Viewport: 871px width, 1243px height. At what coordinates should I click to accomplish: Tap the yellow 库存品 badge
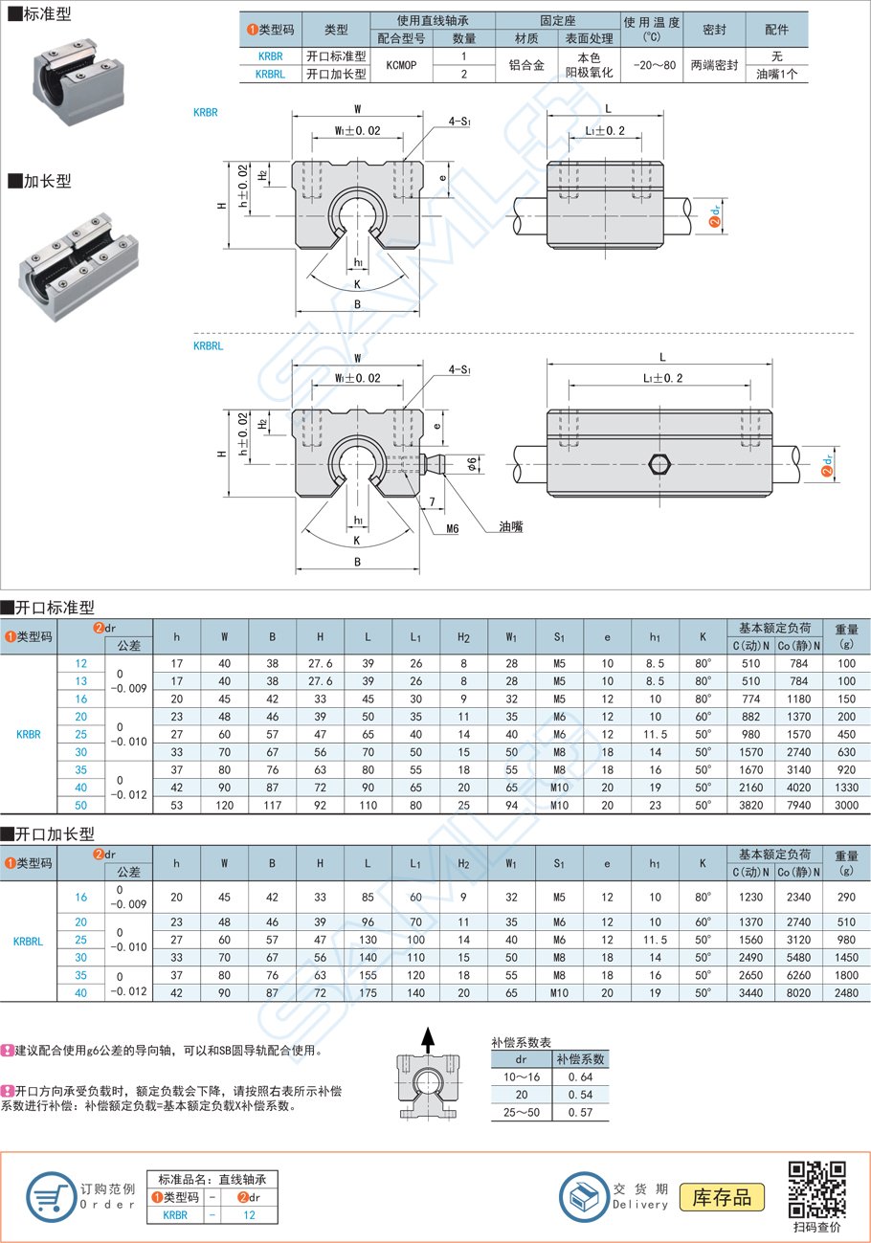tap(722, 1196)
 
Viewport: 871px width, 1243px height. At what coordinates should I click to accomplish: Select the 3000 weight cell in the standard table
tap(846, 806)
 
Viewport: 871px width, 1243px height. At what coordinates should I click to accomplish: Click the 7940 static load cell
tap(798, 806)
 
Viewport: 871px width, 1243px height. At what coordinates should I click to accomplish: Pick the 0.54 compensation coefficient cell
tap(579, 1094)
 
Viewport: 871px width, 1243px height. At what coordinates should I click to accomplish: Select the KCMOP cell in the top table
tap(401, 64)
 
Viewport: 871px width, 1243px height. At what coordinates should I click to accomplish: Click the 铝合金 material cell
tap(526, 64)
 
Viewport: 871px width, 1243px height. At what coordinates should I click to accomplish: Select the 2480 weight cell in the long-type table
tap(846, 992)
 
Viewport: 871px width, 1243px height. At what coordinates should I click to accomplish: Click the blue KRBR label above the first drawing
tap(205, 112)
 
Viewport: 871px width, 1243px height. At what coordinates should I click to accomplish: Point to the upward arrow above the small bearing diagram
tap(428, 1037)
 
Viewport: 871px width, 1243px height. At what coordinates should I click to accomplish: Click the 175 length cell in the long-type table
tap(368, 992)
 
